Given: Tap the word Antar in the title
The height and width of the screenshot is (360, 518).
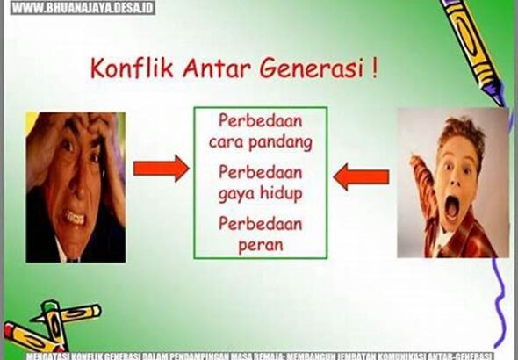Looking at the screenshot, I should [203, 69].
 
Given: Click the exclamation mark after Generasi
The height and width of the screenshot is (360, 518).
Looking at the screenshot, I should [376, 68].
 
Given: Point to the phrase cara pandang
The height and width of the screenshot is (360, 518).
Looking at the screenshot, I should [259, 140].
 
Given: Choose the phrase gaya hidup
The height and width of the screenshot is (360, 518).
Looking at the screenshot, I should [259, 192].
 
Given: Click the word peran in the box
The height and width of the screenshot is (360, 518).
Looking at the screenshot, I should [260, 245].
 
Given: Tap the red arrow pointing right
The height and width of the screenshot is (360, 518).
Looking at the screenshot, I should [161, 168].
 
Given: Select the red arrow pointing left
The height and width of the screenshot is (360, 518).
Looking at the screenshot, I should [362, 177].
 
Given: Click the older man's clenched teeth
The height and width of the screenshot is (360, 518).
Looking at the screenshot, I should [76, 213].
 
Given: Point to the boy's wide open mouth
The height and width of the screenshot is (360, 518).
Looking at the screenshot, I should [452, 209].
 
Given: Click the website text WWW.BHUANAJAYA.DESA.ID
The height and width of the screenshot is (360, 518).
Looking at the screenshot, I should [83, 7].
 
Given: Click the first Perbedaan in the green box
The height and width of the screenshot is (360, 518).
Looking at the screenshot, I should [259, 119].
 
